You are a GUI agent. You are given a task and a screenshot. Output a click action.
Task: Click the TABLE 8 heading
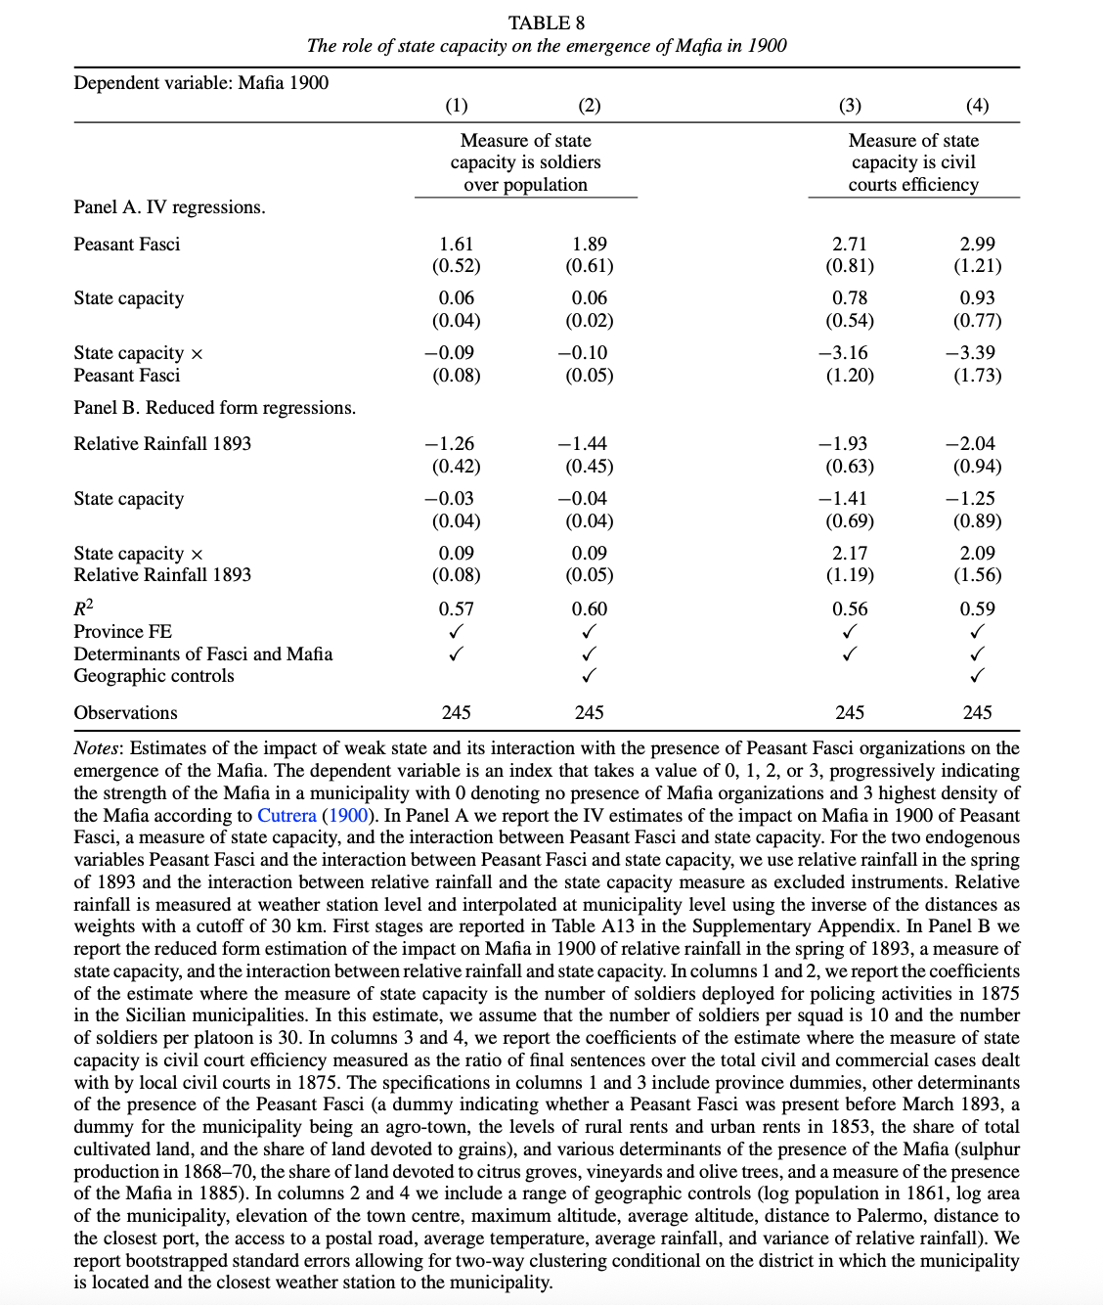pos(546,22)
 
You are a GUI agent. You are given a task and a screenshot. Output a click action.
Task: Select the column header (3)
pos(850,105)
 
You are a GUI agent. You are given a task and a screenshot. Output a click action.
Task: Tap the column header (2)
pos(589,105)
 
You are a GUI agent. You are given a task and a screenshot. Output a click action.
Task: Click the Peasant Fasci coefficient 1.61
pos(456,244)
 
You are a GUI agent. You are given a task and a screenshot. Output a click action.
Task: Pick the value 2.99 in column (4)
pos(977,244)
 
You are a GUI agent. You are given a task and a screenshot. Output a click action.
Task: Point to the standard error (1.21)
pos(977,265)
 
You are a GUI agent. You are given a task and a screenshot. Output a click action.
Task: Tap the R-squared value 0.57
pos(456,608)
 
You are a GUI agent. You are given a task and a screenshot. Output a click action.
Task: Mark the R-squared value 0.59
pos(977,608)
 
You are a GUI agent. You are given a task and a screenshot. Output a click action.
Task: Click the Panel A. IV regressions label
pos(169,207)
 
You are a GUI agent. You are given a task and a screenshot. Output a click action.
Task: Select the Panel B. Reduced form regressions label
pos(214,407)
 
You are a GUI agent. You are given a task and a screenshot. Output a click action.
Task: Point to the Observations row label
pos(125,712)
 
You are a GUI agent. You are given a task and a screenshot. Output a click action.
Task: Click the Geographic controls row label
pos(154,675)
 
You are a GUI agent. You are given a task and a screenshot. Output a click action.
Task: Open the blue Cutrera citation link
pos(287,815)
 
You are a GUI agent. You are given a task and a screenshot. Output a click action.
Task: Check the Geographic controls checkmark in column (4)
pos(977,675)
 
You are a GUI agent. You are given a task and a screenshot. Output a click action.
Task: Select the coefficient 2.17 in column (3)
pos(850,553)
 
